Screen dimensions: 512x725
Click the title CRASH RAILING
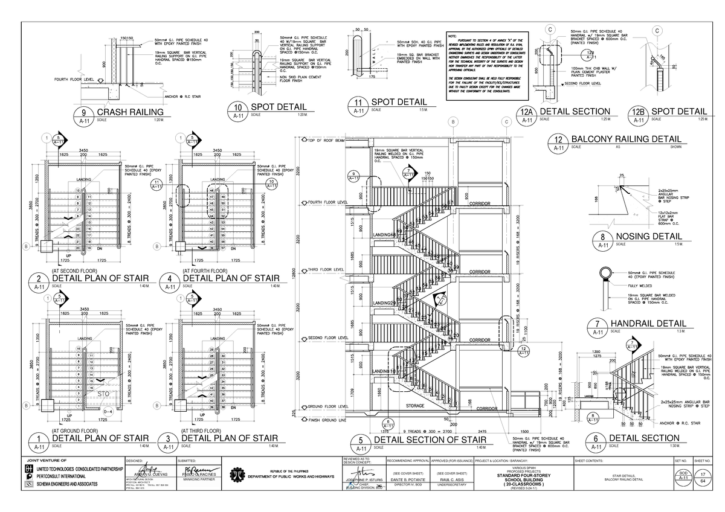click(130, 112)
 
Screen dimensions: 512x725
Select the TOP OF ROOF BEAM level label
click(326, 141)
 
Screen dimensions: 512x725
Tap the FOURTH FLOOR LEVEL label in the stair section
click(327, 202)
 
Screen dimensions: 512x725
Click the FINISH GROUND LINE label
click(326, 420)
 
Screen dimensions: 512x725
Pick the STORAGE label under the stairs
click(415, 406)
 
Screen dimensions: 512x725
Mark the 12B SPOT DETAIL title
click(678, 112)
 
